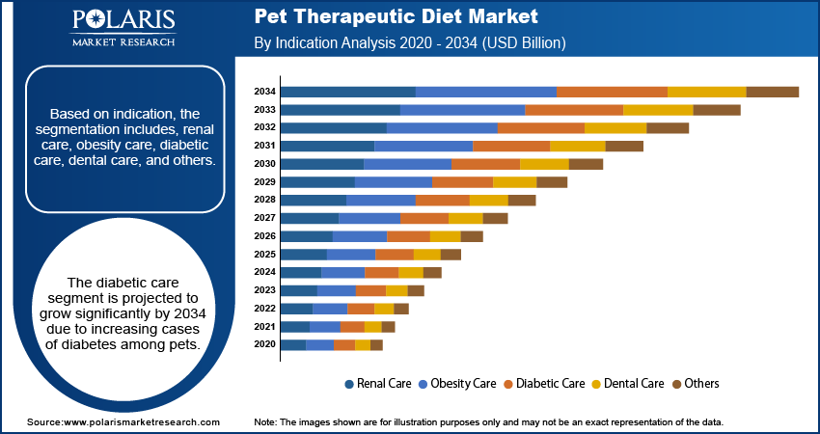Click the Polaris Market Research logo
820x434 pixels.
tap(123, 28)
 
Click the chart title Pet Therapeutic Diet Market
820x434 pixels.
tap(396, 17)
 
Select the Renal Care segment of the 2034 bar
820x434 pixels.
tap(347, 92)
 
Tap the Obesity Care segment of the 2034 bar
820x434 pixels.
tap(486, 92)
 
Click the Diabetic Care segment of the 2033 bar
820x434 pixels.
tap(574, 110)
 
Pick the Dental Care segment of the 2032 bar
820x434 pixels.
tap(615, 127)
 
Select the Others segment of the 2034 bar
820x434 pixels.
tap(772, 92)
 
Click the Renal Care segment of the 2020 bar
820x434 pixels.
tap(293, 344)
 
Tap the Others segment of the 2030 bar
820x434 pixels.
tap(586, 164)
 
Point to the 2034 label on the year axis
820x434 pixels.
tap(265, 92)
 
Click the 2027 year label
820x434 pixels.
tap(265, 218)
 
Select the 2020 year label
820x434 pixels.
tap(265, 344)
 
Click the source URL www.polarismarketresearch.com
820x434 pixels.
tap(141, 422)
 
